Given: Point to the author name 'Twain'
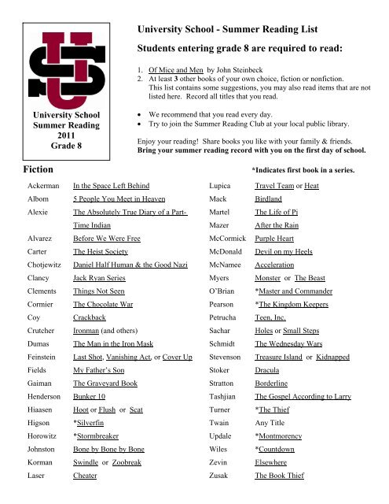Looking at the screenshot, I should [x=223, y=444].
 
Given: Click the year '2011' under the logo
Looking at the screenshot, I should [x=62, y=134].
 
